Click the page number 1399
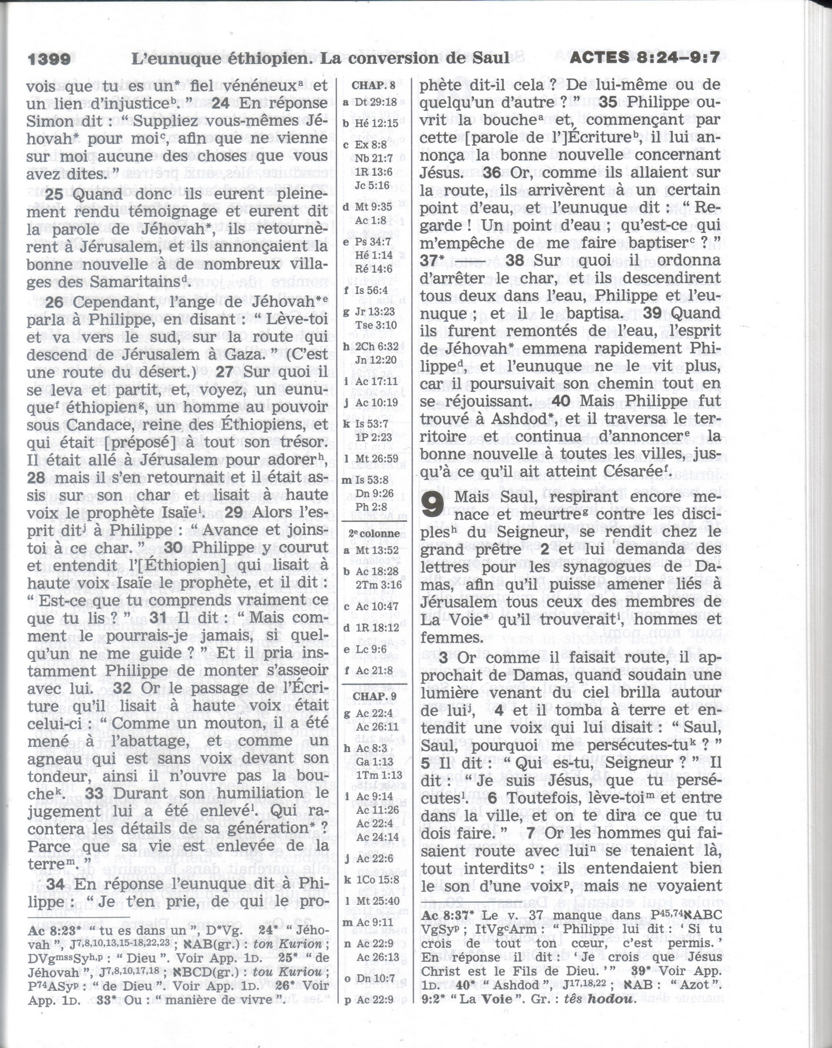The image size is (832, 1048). [x=49, y=59]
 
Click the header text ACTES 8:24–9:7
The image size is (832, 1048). [x=645, y=57]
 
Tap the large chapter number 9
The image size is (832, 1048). [x=433, y=505]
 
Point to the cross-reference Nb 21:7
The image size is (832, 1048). [x=373, y=158]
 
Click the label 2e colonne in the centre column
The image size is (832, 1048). [x=374, y=534]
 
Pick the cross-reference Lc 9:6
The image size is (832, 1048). [x=372, y=649]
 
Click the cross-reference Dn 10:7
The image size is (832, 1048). [x=375, y=979]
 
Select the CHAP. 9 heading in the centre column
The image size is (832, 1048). [x=374, y=696]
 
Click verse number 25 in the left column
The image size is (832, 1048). [x=54, y=194]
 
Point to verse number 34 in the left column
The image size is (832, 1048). [x=55, y=884]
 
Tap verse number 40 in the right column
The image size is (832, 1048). [x=561, y=401]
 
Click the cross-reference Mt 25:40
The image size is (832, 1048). [x=377, y=901]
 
